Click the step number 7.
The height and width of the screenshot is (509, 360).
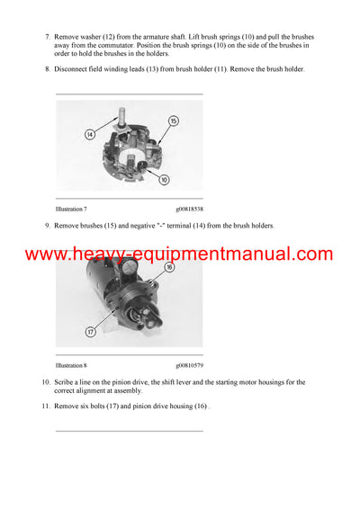(46, 36)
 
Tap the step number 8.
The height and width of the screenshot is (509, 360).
(46, 69)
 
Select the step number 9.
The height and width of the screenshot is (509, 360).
(46, 226)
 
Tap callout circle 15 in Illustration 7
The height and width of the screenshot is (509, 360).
(174, 121)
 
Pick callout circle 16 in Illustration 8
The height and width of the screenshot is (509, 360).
(168, 266)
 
